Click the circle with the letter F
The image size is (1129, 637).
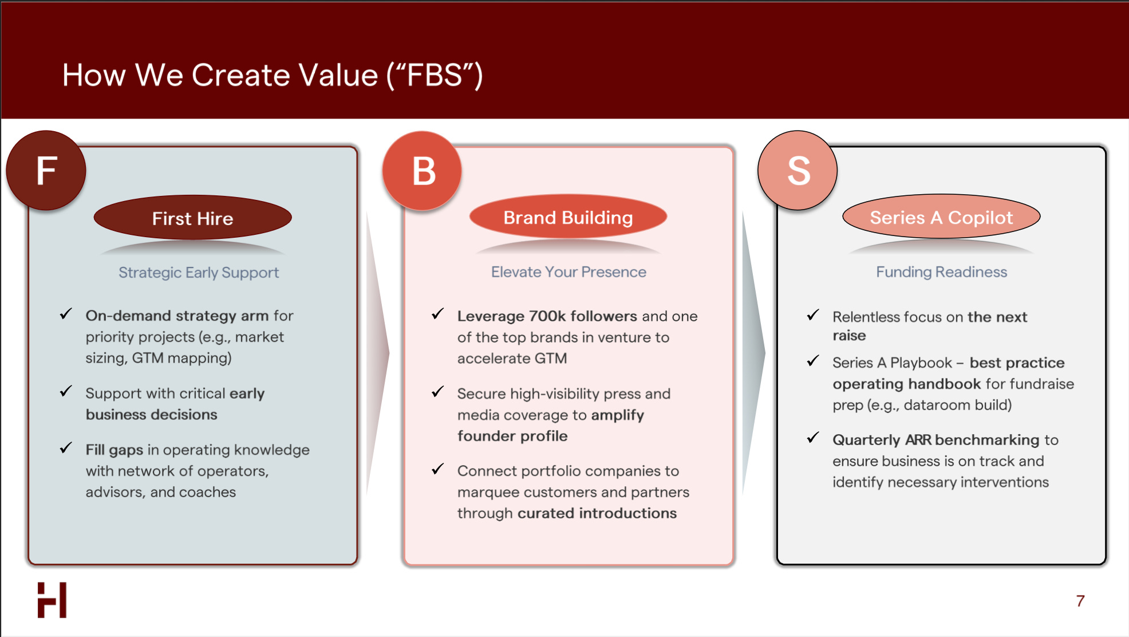pos(46,171)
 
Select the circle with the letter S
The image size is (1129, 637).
pos(798,171)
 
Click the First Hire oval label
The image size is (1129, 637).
pos(193,218)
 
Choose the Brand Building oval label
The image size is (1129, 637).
pos(568,218)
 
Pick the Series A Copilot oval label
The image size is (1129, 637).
pos(941,218)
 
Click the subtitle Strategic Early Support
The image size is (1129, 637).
pos(199,273)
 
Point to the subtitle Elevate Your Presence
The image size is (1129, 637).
pos(569,272)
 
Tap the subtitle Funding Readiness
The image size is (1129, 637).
pos(941,272)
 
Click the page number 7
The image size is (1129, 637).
pos(1080,601)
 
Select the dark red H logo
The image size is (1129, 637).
pos(52,600)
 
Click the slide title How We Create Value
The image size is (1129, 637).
pos(273,75)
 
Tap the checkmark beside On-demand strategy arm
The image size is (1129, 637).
pos(66,314)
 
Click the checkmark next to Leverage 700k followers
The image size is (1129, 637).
pos(438,314)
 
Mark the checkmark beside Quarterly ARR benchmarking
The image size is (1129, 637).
pos(813,438)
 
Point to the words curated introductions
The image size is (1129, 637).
pos(597,513)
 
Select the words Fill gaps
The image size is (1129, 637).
pos(115,450)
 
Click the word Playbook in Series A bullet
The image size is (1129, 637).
pos(921,363)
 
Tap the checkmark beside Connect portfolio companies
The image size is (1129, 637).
pos(438,470)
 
